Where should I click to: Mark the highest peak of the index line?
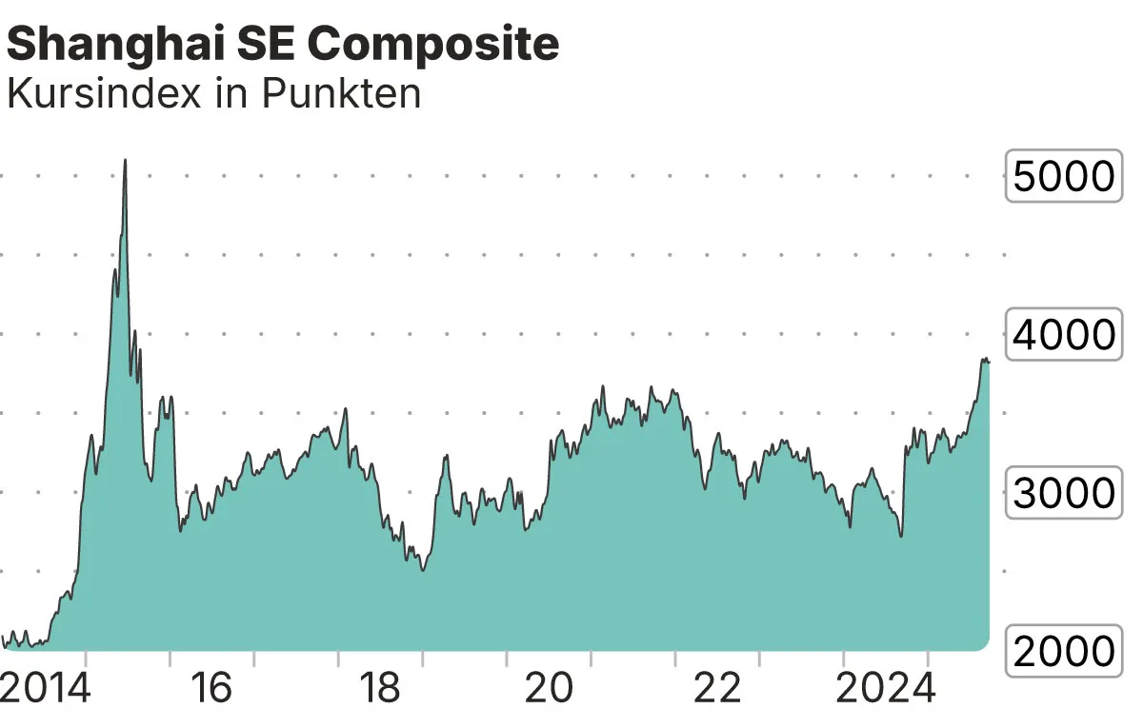(125, 161)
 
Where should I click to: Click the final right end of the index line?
(989, 362)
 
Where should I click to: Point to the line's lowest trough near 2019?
(422, 569)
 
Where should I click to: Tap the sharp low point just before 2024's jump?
(900, 536)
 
